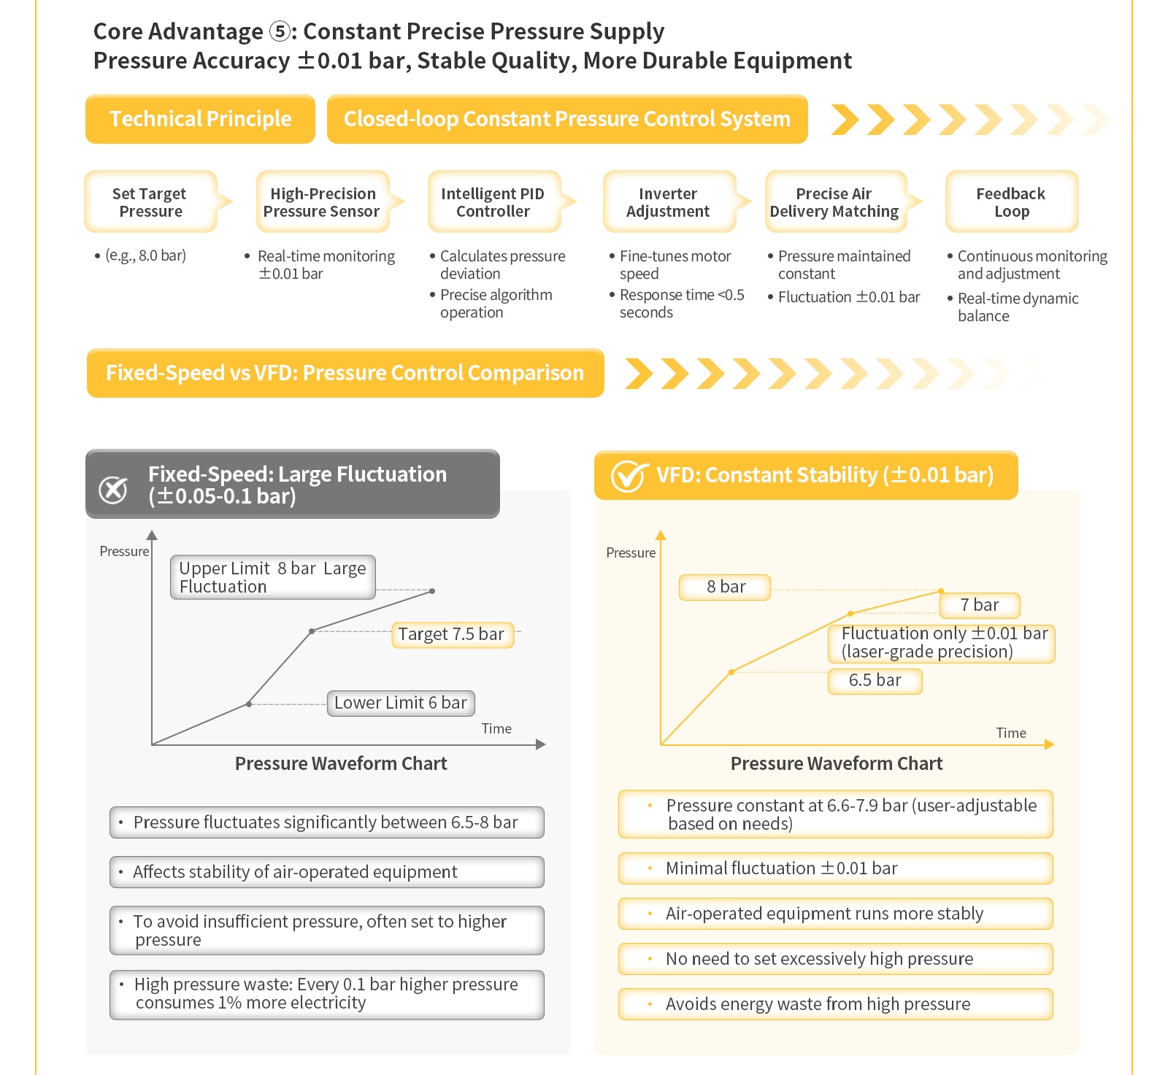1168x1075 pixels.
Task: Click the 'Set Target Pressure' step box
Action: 151,202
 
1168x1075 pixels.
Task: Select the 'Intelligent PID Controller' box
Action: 494,202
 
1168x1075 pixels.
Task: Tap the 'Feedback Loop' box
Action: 1012,202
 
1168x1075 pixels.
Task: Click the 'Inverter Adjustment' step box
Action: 669,202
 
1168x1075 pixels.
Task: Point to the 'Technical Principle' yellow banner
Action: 200,119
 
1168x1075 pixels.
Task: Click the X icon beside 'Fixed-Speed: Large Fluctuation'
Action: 113,490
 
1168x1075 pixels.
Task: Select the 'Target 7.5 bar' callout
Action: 452,634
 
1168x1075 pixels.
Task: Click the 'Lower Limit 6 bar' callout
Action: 401,703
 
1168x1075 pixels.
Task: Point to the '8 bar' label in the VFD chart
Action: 725,587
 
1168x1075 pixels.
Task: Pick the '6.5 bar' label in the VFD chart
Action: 875,680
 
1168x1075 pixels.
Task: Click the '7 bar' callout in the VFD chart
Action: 980,605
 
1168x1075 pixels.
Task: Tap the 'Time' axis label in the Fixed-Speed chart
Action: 496,728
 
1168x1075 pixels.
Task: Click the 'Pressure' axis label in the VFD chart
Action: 631,552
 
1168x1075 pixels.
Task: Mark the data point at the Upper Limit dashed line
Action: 432,590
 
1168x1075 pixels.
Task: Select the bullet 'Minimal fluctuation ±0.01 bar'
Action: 836,868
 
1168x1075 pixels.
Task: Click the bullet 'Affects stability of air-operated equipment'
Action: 327,872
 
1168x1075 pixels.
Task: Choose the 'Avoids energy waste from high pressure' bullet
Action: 836,1004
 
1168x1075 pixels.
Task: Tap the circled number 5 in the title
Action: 280,31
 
